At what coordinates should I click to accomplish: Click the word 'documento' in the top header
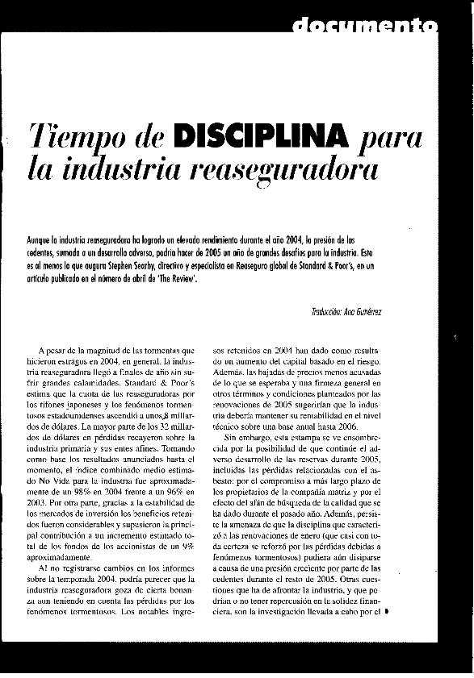point(364,28)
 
